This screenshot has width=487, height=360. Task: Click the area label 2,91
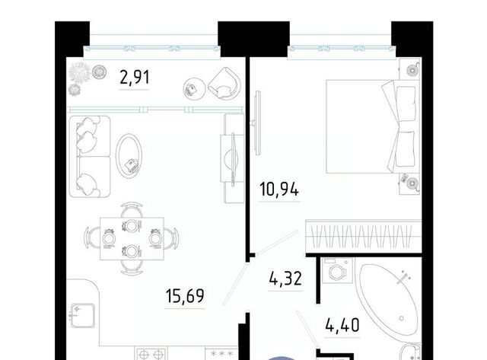pos(135,78)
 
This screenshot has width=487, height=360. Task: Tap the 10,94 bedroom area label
pos(279,190)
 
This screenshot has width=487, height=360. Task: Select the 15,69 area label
pos(185,296)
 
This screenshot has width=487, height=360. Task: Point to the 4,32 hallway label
pos(285,279)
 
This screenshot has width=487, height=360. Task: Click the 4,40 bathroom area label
pos(342,325)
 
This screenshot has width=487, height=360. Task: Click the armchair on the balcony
pos(224,83)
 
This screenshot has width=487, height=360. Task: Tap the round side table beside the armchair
pos(194,89)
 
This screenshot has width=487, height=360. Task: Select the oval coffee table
pos(129,156)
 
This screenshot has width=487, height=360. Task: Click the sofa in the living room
pos(90,157)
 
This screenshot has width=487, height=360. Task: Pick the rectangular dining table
pos(132,238)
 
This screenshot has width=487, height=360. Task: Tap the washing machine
pos(337,270)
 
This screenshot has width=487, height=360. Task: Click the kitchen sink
pos(82,316)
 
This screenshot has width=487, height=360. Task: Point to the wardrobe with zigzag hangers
pos(363,237)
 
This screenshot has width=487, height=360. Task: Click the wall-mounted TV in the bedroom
pos(257,123)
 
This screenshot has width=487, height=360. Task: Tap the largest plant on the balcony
pos(80,72)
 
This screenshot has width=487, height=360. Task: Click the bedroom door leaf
pos(277,243)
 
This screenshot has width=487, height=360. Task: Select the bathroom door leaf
pos(307,328)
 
